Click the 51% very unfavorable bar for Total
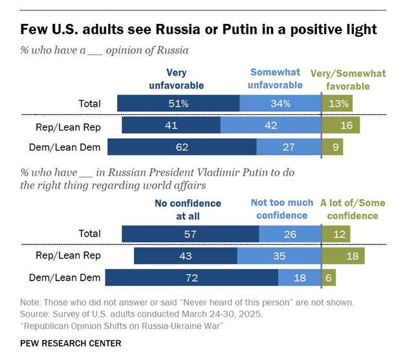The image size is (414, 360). pos(178,103)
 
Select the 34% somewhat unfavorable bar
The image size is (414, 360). pos(280,103)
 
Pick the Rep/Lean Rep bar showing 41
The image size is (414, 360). pos(171,125)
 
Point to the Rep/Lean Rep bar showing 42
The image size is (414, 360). pos(271,125)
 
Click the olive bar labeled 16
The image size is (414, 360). pos(345,125)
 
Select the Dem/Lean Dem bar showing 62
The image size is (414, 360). pos(182,147)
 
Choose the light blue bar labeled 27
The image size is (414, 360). pos(289,147)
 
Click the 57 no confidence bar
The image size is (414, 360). pos(190,234)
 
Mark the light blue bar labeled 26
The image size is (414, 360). pos(290,234)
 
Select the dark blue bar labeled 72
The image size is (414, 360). pos(191,278)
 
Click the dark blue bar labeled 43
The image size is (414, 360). pos(185,256)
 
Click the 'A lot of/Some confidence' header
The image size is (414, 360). pos(353,209)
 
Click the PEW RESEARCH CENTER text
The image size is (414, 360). pos(71,343)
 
